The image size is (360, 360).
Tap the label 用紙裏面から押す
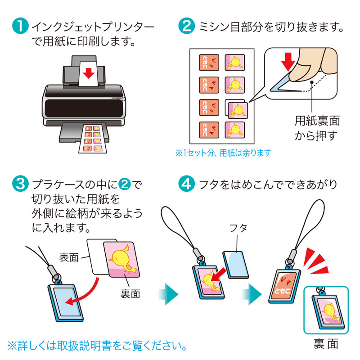point(317,128)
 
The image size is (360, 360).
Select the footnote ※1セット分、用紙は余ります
point(223,153)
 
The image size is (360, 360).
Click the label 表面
point(69,257)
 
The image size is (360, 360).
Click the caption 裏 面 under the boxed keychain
point(325,344)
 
